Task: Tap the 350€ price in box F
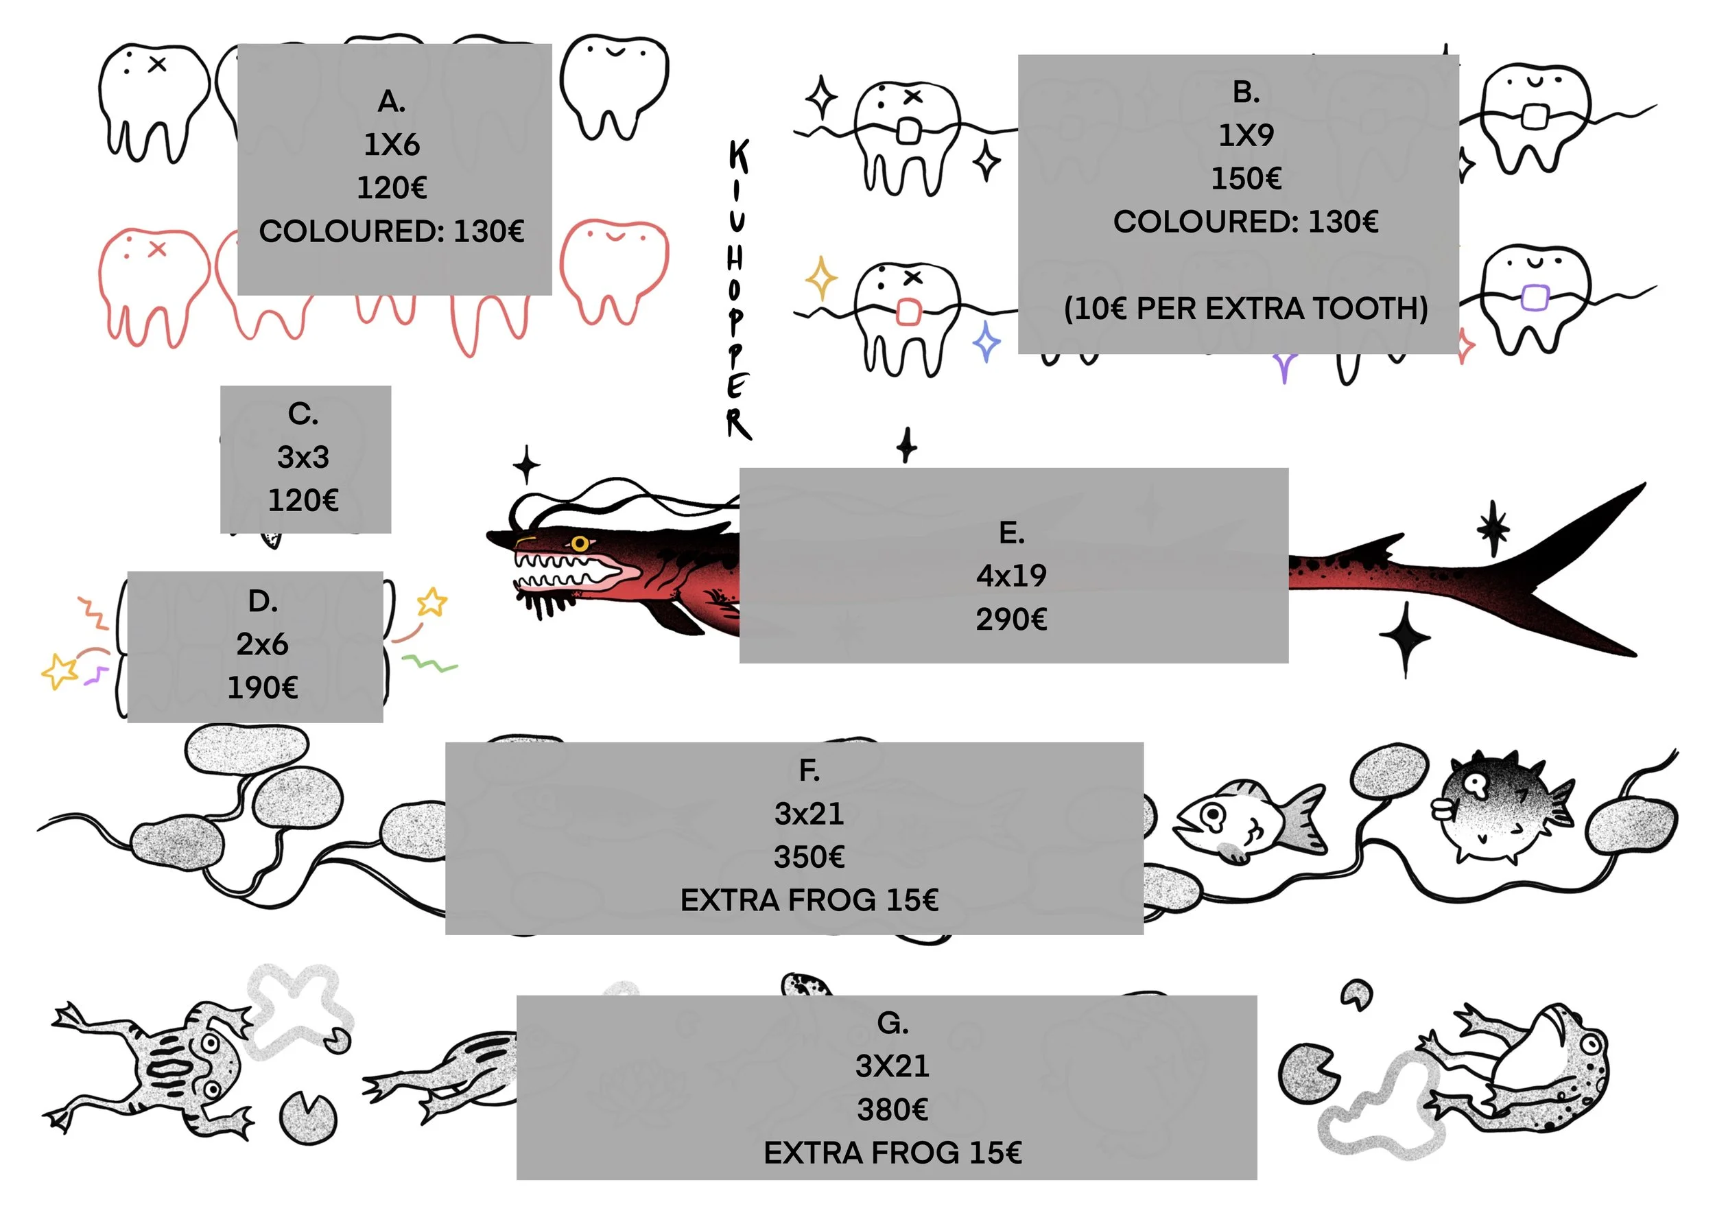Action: pos(809,857)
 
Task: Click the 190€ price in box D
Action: pos(262,688)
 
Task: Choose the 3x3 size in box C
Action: pos(303,457)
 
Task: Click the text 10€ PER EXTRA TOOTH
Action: pos(1245,309)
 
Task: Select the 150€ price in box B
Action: pos(1245,178)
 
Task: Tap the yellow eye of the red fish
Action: pos(580,543)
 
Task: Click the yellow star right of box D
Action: pos(431,602)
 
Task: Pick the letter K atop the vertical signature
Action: pos(738,157)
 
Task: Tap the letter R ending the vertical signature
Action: pos(738,423)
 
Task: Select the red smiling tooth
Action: pos(614,269)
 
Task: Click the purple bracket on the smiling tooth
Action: pos(1534,296)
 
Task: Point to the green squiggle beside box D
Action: pos(429,663)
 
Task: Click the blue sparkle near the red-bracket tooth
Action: pos(986,343)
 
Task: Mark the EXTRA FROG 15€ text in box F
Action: pos(809,901)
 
